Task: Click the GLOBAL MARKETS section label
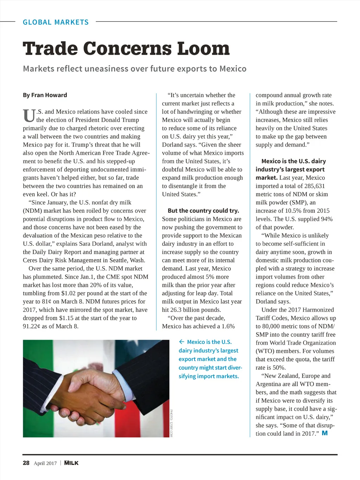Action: [x=56, y=22]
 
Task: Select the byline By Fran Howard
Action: [x=45, y=95]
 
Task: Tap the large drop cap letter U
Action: [x=29, y=116]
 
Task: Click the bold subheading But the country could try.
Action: [x=203, y=211]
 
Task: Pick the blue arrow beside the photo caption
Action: [x=182, y=342]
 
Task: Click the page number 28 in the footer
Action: [x=26, y=463]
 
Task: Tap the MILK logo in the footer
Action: [x=71, y=463]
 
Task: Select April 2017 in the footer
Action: [x=45, y=463]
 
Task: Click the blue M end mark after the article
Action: [x=324, y=433]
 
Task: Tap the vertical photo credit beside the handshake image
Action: [x=171, y=423]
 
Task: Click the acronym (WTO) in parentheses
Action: [x=265, y=351]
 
